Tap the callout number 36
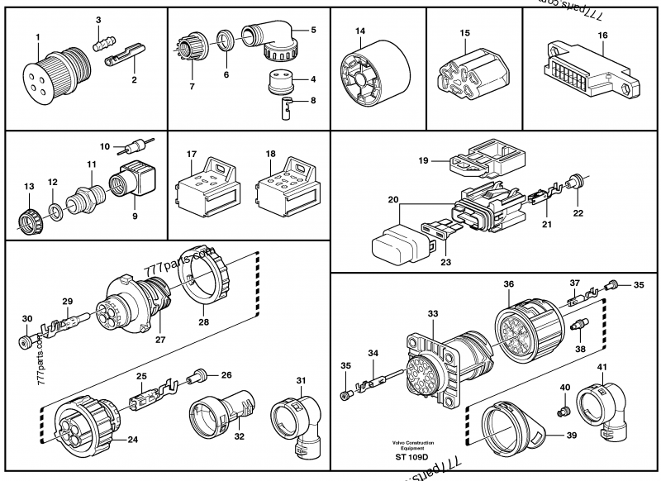click(x=509, y=284)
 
